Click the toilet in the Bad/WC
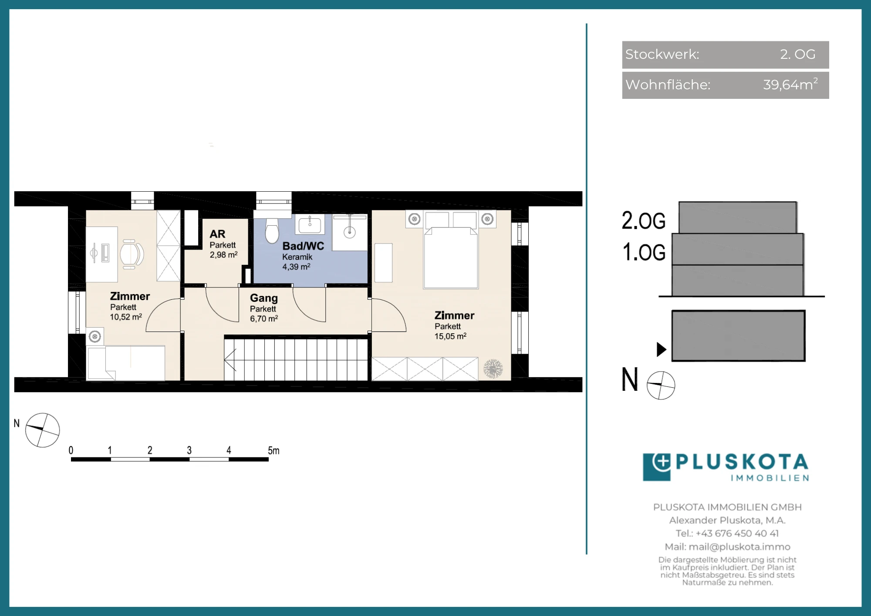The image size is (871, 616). (272, 230)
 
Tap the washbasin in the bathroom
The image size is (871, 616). (310, 225)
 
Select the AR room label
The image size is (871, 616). (217, 234)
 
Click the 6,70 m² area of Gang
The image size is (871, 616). (264, 318)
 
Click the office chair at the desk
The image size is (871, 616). (132, 254)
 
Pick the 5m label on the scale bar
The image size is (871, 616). (273, 450)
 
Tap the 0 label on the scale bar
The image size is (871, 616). (71, 450)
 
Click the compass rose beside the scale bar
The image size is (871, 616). (42, 430)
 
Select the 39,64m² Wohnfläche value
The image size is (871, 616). (790, 84)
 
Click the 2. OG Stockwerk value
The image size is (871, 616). (797, 54)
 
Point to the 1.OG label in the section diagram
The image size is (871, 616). (644, 252)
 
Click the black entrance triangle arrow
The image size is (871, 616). (662, 349)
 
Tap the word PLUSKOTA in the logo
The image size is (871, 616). (742, 462)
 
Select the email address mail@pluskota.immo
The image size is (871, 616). (739, 547)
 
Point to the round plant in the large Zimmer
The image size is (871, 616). (493, 369)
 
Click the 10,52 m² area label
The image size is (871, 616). (126, 317)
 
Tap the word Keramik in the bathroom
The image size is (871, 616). (297, 257)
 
